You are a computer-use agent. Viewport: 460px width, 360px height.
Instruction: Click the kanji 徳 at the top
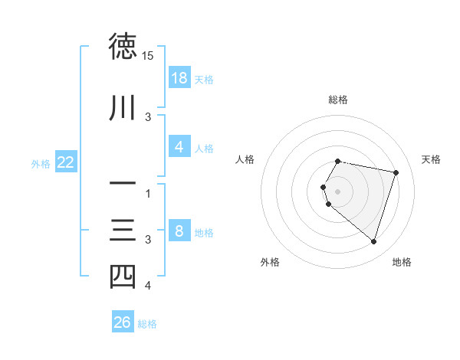pos(123,47)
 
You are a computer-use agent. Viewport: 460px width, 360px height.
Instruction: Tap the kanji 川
pos(123,108)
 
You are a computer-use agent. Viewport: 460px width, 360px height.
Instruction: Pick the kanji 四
pos(123,277)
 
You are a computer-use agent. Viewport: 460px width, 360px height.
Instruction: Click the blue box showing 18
pos(179,78)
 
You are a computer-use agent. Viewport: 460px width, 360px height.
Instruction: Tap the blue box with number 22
pos(66,162)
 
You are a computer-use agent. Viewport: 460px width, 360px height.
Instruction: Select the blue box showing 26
pos(123,322)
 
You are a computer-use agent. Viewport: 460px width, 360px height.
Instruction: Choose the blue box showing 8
pos(179,231)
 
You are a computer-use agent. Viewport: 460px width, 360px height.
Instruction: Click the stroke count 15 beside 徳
pos(148,56)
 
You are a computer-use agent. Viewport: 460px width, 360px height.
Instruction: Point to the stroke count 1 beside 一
pos(148,193)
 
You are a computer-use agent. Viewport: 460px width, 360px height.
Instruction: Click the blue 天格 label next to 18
pos(204,79)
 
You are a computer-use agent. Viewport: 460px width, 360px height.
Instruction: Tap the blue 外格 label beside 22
pos(41,162)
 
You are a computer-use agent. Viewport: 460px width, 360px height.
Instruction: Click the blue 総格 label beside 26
pos(147,324)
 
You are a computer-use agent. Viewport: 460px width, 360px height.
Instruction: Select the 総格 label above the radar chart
pos(338,100)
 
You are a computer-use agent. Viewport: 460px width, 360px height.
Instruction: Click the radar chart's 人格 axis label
pos(245,159)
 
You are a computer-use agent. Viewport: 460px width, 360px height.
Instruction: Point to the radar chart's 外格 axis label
pos(269,262)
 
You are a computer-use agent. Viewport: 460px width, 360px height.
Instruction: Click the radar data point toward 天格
pos(396,173)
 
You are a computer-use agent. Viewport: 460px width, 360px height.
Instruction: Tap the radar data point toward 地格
pos(373,242)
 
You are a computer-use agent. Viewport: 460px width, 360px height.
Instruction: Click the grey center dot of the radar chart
pos(338,191)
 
